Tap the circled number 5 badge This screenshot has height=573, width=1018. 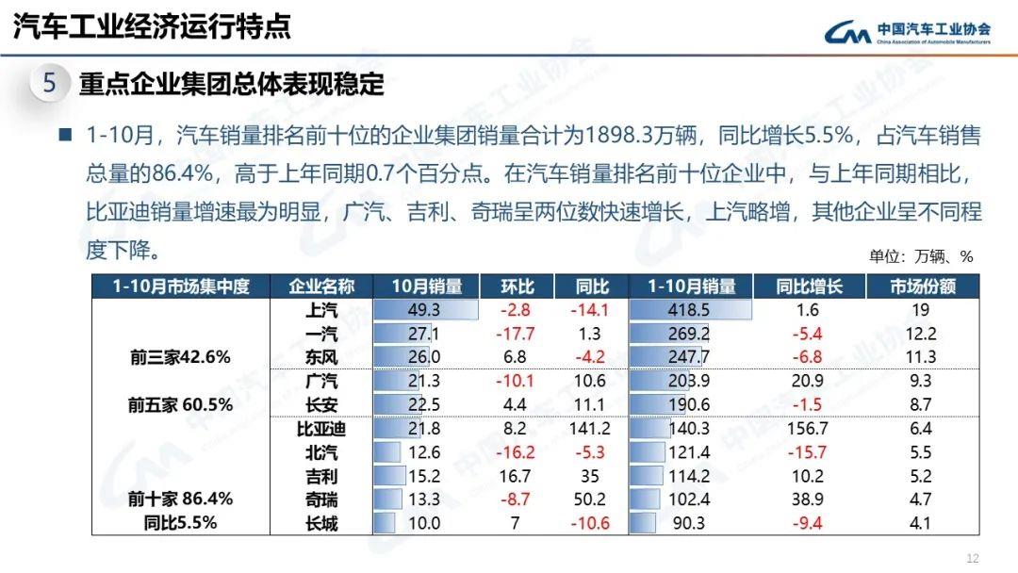coord(50,84)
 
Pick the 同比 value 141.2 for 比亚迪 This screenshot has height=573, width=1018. coord(592,429)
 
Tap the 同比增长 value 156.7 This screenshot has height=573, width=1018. coord(808,429)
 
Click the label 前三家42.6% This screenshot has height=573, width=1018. coord(180,358)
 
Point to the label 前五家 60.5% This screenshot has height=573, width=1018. coord(180,405)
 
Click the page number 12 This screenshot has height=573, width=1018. coord(974,557)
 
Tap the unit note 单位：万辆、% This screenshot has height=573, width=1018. coord(920,256)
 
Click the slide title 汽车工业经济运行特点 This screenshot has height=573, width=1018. coord(152,26)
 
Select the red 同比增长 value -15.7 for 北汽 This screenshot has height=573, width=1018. coord(808,452)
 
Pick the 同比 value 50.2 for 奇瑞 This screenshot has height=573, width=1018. coord(592,499)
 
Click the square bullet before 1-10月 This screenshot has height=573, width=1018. coord(65,136)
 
